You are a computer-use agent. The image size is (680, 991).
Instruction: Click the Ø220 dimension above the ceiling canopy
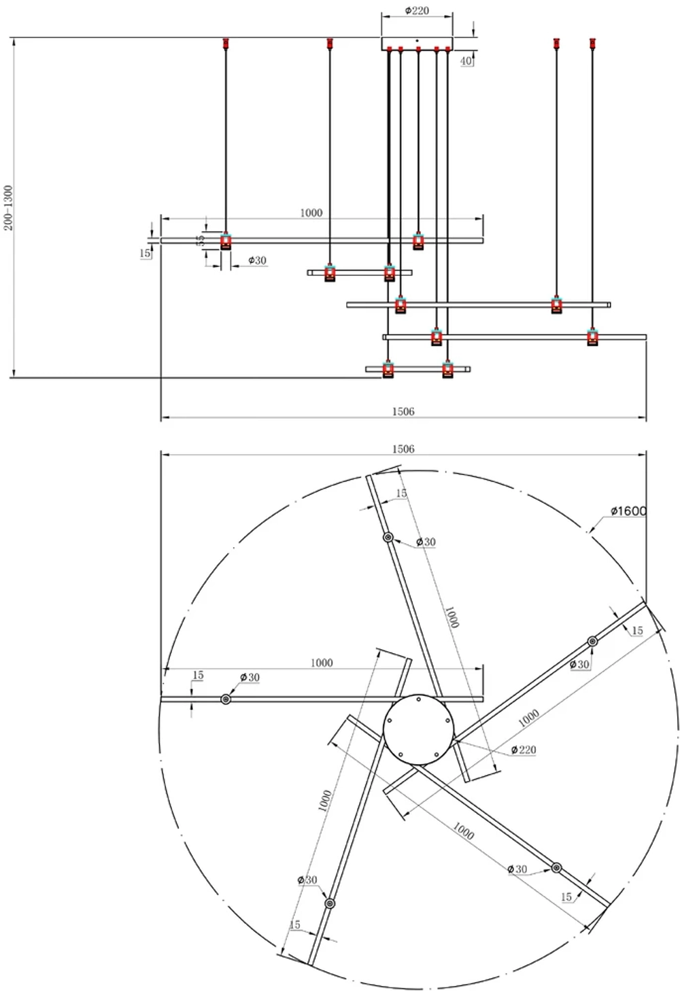coord(416,11)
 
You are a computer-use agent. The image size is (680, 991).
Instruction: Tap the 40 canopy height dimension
coord(466,61)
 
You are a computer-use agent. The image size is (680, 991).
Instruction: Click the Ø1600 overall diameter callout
coord(628,511)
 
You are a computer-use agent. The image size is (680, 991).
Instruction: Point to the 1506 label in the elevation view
coord(403,411)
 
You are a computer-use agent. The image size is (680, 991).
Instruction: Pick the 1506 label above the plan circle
coord(403,449)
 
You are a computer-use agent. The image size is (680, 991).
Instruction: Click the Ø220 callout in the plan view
coord(524,750)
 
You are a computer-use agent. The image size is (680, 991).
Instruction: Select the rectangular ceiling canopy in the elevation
coord(417,43)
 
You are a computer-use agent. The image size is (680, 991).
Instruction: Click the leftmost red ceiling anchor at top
coord(226,44)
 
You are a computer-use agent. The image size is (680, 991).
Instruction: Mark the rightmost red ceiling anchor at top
coord(592,44)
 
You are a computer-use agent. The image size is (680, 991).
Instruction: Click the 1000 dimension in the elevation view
coord(311,213)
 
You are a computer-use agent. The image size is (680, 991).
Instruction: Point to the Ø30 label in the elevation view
coord(257,260)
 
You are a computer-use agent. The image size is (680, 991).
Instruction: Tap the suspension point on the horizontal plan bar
coord(226,699)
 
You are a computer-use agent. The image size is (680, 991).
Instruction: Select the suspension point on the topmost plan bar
coord(388,538)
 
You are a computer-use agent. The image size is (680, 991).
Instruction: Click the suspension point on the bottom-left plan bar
coord(330,903)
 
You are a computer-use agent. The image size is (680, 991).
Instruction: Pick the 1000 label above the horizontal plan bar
coord(321,663)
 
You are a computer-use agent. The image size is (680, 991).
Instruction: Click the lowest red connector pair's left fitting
coord(388,370)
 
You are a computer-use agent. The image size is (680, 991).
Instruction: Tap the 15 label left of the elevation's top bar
coord(145,253)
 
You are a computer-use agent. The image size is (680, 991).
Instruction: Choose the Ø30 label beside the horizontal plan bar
coord(250,678)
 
